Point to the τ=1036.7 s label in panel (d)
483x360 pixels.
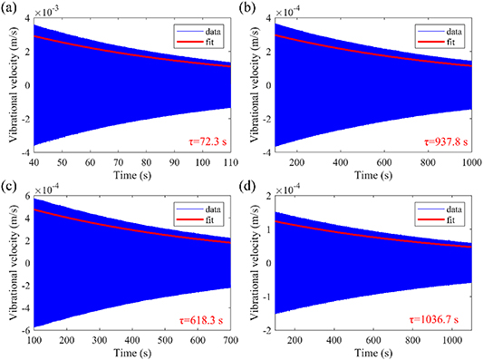tap(440, 321)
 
